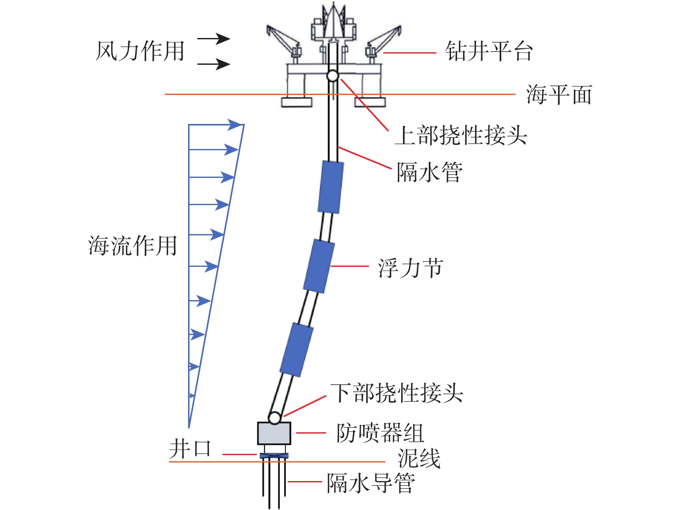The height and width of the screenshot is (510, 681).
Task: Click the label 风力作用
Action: click(x=140, y=51)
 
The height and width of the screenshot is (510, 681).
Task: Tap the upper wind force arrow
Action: click(x=214, y=38)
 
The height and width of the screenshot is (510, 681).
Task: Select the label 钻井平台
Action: click(x=489, y=51)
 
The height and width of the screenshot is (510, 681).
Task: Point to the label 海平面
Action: click(x=559, y=95)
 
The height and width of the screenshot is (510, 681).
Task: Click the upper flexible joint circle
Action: click(x=332, y=76)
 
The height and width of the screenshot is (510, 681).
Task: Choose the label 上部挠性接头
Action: click(x=460, y=135)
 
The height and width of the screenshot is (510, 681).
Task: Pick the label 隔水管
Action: click(x=430, y=172)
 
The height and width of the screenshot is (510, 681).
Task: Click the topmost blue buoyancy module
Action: click(x=331, y=187)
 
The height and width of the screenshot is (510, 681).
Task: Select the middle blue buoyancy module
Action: click(x=319, y=266)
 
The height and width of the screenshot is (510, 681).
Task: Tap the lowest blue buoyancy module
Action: click(x=297, y=349)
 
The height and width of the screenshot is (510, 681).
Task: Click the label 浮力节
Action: click(x=410, y=268)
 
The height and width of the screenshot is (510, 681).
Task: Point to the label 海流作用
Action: click(x=132, y=246)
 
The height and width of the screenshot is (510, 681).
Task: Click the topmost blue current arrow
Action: click(x=216, y=125)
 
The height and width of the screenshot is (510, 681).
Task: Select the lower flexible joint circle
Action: click(x=275, y=418)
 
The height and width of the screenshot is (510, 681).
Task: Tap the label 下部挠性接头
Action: click(x=396, y=393)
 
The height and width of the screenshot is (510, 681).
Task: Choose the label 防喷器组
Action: click(x=380, y=433)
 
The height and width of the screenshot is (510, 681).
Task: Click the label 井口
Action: click(x=190, y=449)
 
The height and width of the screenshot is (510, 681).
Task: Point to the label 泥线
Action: click(x=419, y=458)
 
